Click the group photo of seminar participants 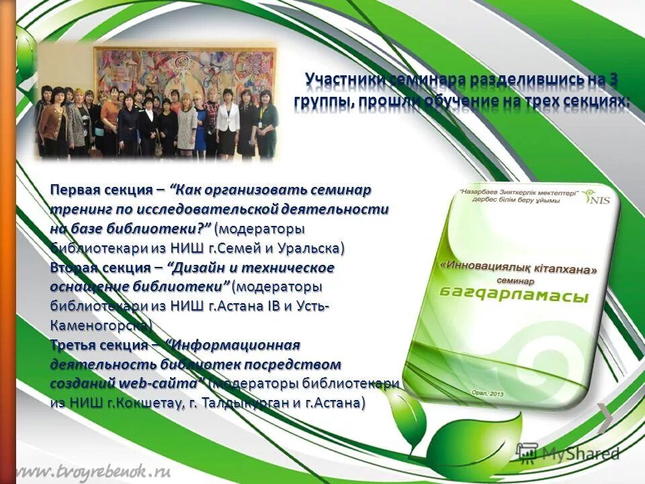[x=156, y=101]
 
